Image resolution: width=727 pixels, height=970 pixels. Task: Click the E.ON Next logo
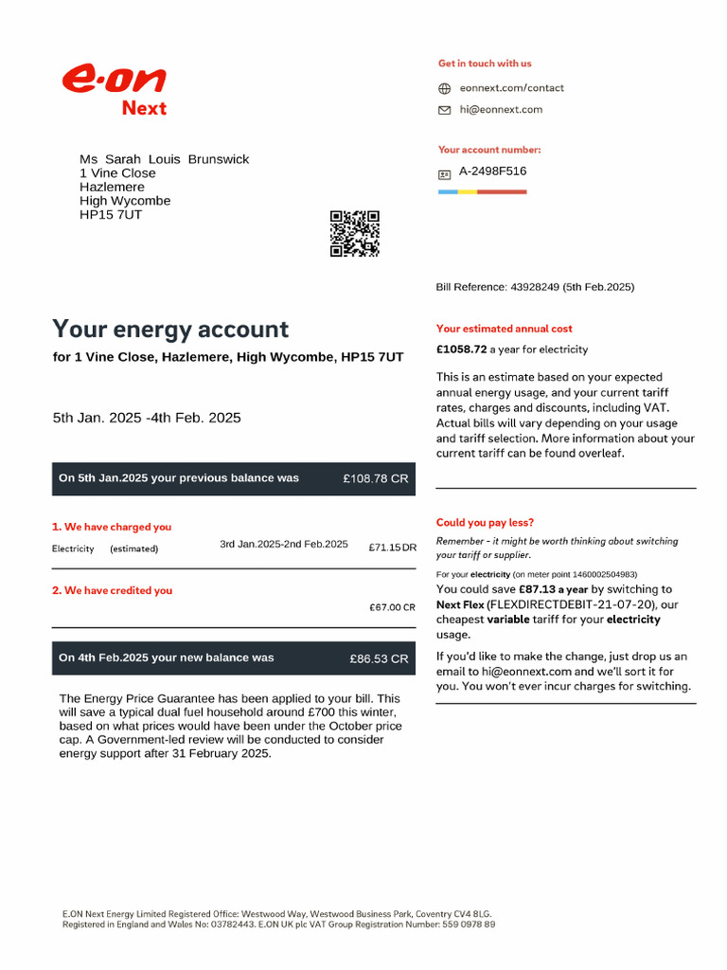coord(115,90)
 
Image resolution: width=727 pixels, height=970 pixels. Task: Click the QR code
coord(355,234)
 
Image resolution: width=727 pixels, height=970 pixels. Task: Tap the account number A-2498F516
coord(492,171)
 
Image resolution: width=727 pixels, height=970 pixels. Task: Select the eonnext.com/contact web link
coord(511,88)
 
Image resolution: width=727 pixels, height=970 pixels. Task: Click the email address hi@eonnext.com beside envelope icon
coord(501,110)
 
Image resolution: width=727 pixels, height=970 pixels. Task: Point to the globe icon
coord(444,88)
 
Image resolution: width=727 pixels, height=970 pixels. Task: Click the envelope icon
coord(444,110)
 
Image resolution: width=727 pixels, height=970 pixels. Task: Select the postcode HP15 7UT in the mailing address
coord(111,215)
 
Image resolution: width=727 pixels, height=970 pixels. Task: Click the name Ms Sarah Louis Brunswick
coord(164,159)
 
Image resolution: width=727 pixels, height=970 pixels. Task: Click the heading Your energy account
coord(170,330)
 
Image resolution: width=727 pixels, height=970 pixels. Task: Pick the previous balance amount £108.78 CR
coord(376,478)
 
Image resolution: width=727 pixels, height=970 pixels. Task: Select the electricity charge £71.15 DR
coord(392,548)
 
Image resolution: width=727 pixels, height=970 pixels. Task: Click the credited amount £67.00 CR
coord(392,607)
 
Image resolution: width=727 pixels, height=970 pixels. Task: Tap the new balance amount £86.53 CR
coord(379,658)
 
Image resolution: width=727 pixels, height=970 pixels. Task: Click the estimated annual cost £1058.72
coord(461,350)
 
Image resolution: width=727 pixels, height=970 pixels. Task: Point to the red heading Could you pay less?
coord(485,523)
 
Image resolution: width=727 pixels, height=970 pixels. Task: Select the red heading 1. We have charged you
coord(112,527)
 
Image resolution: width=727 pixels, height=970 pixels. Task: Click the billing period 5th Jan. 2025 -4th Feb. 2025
coord(147,418)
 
